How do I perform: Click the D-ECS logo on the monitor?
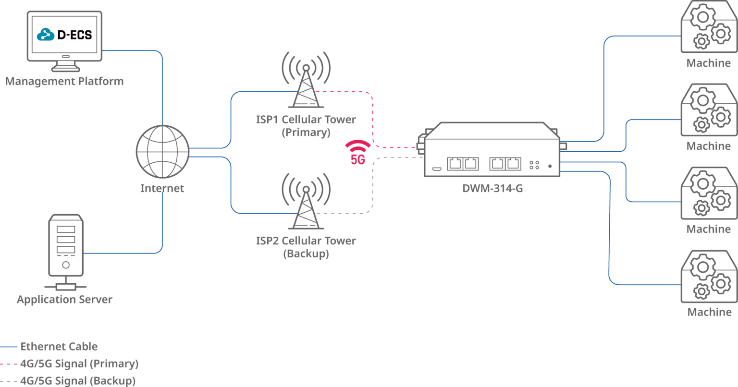[x=64, y=35]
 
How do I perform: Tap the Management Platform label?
[x=64, y=81]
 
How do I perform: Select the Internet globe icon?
[x=162, y=152]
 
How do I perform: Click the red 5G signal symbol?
[x=358, y=152]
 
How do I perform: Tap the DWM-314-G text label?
[x=492, y=189]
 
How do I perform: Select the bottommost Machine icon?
[x=708, y=277]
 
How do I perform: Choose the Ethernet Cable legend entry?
[x=59, y=347]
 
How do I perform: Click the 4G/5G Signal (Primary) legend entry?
[x=79, y=364]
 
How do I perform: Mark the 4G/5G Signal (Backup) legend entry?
[x=78, y=381]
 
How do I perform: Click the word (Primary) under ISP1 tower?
[x=306, y=133]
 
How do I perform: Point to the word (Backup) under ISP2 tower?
[x=306, y=254]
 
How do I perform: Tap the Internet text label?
[x=162, y=189]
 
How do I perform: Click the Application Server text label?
[x=65, y=300]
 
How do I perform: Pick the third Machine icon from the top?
[x=708, y=193]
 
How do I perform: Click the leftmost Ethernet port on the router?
[x=455, y=164]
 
